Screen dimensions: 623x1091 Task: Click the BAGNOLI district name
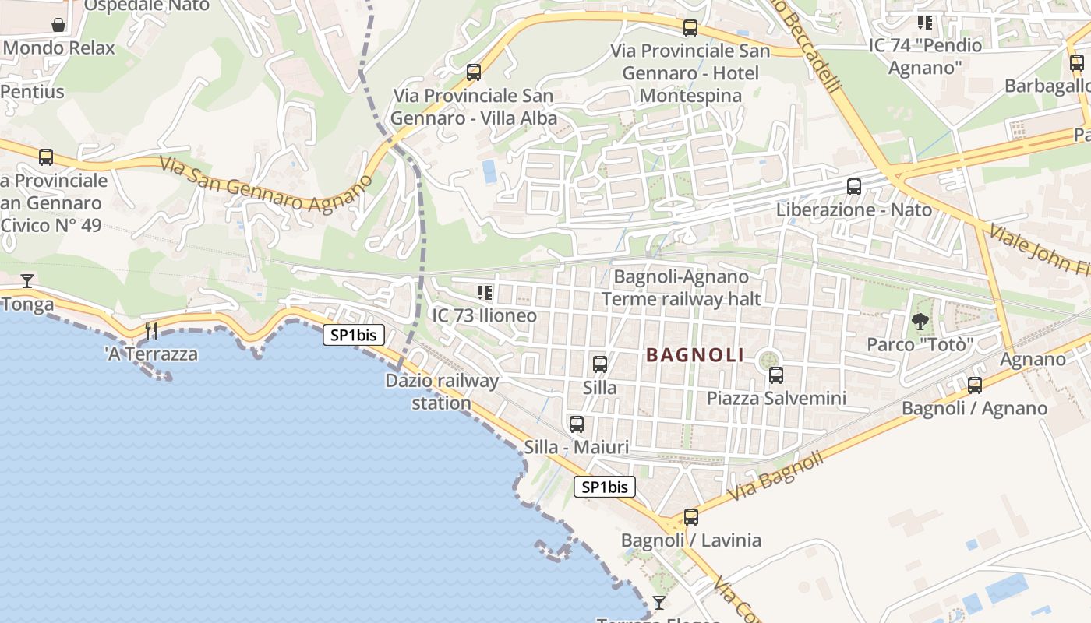pos(695,355)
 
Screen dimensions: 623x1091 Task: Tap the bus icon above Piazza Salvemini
pos(776,375)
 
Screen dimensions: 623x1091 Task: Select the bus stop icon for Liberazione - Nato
pos(854,187)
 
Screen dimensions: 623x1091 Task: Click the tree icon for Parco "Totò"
pos(920,321)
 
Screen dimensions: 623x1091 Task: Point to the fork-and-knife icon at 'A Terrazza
pos(151,331)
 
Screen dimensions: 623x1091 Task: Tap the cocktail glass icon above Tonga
pos(27,280)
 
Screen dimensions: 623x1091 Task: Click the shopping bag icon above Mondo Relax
pos(58,25)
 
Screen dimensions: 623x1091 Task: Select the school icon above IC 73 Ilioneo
pos(485,293)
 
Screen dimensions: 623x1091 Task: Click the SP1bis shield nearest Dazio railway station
pos(354,335)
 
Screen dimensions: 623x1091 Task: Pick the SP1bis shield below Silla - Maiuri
pos(605,487)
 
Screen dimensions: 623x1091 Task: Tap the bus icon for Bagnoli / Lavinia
pos(690,517)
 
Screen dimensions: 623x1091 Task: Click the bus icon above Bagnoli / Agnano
pos(974,385)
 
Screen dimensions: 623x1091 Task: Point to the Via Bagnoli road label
pos(775,477)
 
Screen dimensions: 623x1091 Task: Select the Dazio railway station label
pos(442,392)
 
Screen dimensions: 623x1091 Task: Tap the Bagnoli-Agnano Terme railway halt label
pos(681,287)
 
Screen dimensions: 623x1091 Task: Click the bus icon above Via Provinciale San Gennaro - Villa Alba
pos(474,73)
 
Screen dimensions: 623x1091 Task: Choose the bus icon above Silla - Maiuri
pos(577,424)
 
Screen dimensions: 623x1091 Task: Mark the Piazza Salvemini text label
pos(776,399)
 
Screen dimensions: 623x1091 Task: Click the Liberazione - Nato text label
pos(854,210)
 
